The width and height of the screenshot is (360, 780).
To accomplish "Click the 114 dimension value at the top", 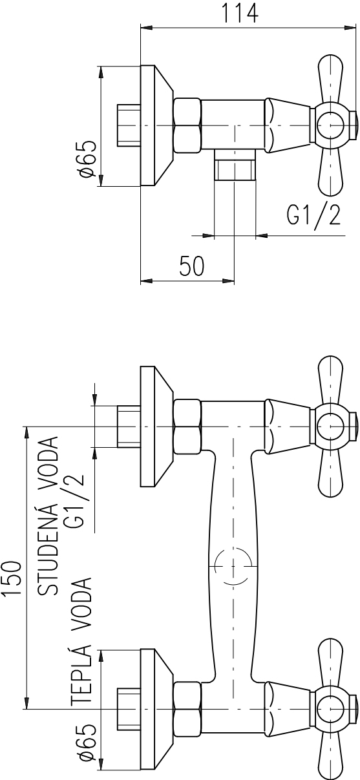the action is pyautogui.click(x=240, y=13).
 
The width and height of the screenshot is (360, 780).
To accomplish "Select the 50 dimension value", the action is pyautogui.click(x=192, y=266).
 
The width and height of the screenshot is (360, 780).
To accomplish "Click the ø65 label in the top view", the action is pyautogui.click(x=87, y=158).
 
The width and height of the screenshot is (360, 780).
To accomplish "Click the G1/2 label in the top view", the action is pyautogui.click(x=313, y=217).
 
